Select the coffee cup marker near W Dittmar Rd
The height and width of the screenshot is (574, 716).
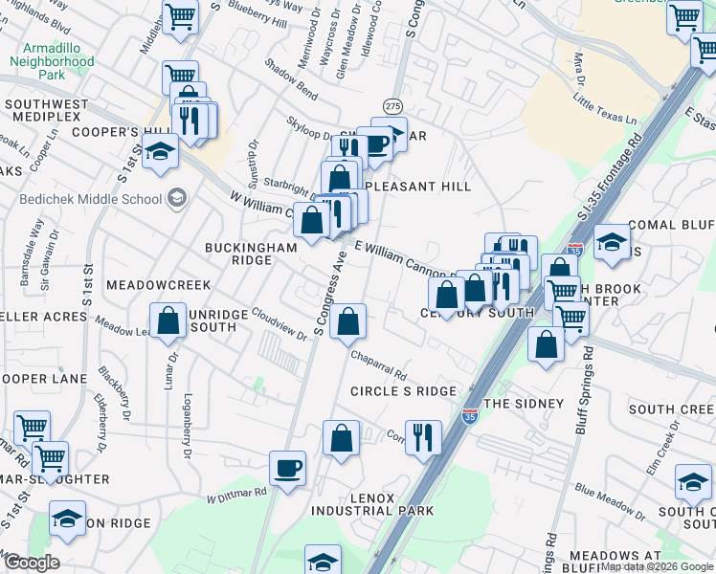tap(287, 469)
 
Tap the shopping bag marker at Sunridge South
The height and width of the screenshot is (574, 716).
tap(168, 321)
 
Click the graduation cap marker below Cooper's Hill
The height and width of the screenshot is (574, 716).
tap(160, 151)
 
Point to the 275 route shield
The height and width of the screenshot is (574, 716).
tap(392, 105)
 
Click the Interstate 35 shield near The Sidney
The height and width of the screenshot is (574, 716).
tap(469, 416)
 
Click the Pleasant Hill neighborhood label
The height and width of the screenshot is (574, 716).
tap(414, 187)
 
